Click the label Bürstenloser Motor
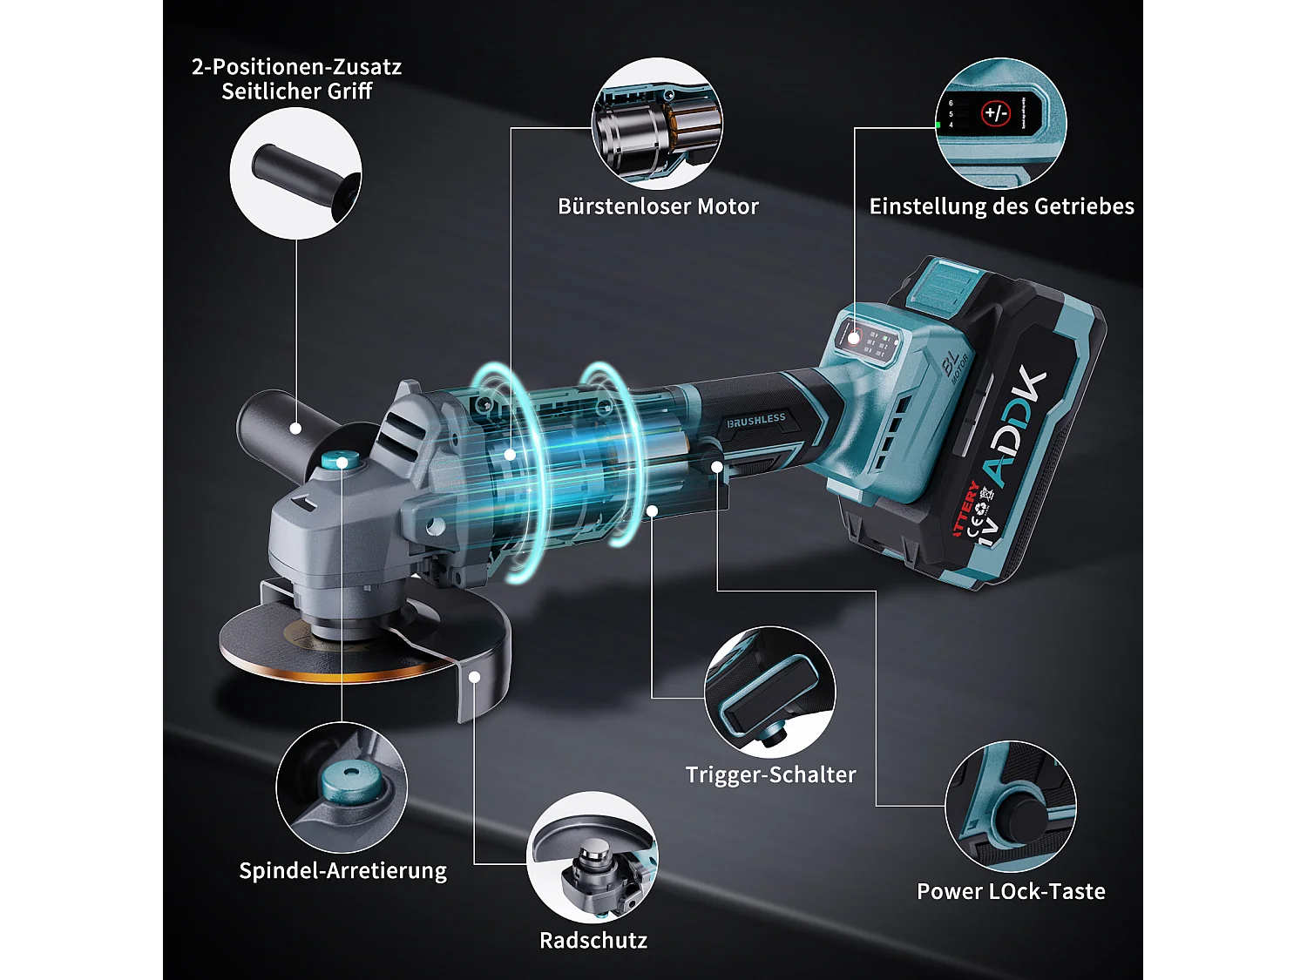658,206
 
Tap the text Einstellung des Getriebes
1001,206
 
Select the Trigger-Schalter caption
770,774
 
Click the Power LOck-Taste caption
1011,891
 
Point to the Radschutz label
593,941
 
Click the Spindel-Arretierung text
342,871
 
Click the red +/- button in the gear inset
995,113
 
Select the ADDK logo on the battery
1015,427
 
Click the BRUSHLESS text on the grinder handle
756,421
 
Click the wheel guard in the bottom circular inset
593,858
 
